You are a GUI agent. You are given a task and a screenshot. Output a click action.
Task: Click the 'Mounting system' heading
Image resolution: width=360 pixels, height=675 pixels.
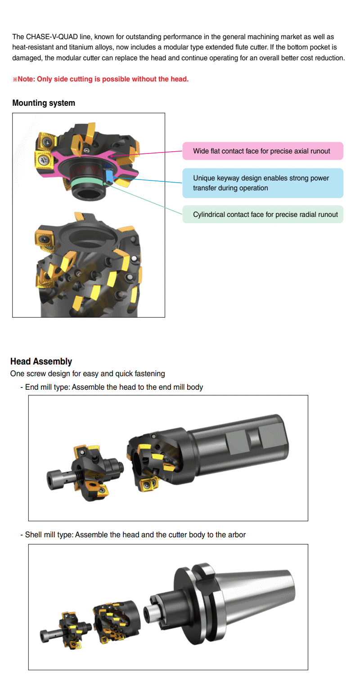(43, 103)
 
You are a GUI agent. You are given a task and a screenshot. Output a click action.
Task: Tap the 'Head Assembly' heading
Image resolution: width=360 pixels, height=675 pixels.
(41, 361)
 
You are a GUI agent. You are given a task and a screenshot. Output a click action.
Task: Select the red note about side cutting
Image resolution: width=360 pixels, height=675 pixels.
(100, 79)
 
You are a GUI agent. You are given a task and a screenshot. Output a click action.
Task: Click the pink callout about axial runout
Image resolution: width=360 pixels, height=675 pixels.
(263, 151)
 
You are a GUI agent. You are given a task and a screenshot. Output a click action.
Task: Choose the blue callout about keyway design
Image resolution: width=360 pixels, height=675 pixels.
(263, 183)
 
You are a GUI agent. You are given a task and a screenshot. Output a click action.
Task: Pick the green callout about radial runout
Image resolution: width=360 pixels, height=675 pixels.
(263, 214)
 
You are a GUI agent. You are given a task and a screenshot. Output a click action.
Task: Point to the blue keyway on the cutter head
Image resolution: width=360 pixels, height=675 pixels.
(109, 177)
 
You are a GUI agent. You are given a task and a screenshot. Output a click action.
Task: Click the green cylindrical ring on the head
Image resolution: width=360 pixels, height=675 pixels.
(87, 182)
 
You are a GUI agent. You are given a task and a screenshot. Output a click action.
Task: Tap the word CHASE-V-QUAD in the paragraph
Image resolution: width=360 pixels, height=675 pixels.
(52, 37)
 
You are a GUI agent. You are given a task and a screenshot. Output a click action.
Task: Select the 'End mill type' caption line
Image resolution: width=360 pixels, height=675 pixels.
(112, 387)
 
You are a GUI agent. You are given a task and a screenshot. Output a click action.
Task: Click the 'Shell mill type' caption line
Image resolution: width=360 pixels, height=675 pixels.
(133, 535)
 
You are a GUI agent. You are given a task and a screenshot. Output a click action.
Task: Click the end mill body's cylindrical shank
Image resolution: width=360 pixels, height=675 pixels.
(238, 445)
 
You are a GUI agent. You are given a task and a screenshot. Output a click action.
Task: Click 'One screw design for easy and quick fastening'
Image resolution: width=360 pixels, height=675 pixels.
(87, 373)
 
